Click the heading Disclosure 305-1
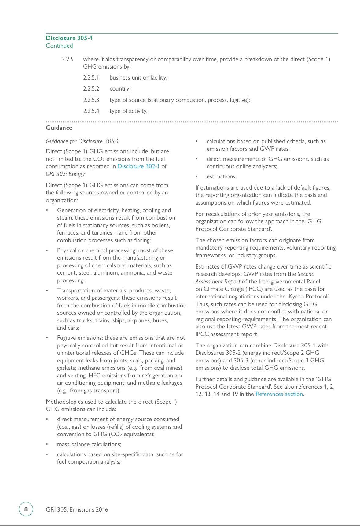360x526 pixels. tap(69, 38)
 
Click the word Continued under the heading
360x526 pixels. tap(59, 46)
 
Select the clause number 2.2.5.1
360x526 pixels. tap(91, 78)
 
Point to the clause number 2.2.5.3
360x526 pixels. tap(91, 100)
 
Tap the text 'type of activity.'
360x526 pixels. tap(128, 111)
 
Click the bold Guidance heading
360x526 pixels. tap(59, 128)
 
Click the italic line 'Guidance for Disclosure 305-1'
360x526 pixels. tap(82, 141)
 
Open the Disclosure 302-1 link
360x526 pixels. tap(138, 166)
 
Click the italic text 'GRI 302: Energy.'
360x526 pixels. tap(66, 174)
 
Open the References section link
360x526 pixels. tap(279, 394)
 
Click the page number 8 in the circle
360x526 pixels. tap(26, 509)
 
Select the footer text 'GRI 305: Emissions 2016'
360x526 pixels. tap(77, 510)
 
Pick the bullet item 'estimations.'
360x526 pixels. tap(222, 176)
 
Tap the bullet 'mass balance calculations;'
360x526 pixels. tap(89, 444)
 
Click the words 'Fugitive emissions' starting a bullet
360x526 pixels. tap(80, 338)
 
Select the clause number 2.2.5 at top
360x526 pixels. tap(68, 59)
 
